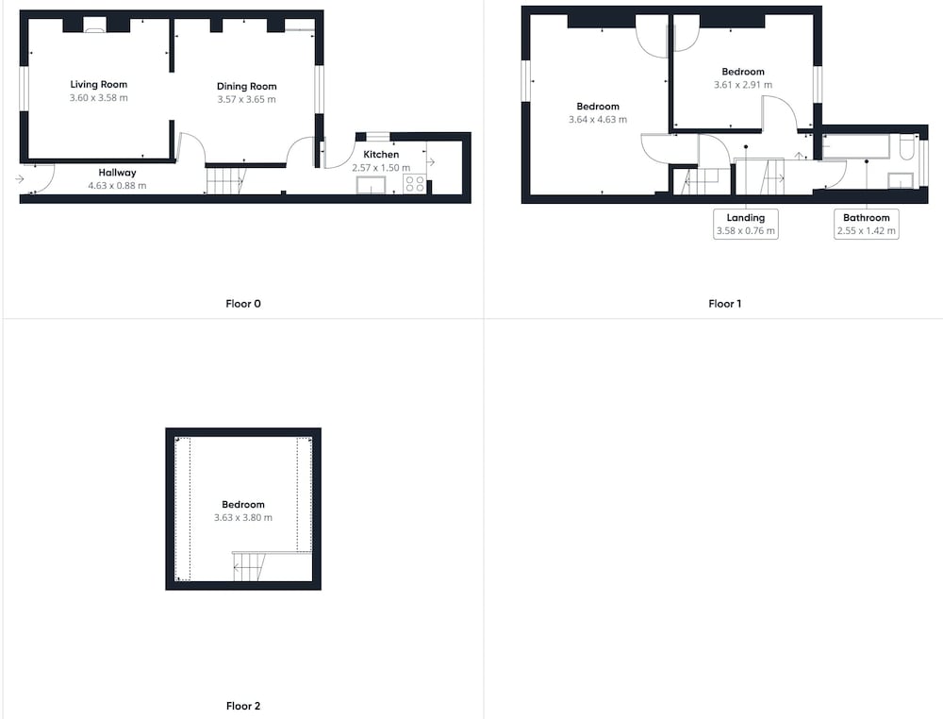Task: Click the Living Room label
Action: [x=99, y=84]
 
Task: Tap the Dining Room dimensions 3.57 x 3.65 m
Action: [x=246, y=99]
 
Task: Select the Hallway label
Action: [x=117, y=173]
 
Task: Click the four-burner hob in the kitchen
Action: [x=414, y=183]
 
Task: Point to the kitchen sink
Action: [x=371, y=185]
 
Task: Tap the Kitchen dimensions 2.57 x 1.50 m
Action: [x=381, y=168]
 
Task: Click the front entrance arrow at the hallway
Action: [x=20, y=178]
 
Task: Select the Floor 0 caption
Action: [x=243, y=304]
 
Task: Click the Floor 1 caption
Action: [x=724, y=304]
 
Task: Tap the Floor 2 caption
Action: [x=243, y=706]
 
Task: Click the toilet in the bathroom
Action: [x=906, y=147]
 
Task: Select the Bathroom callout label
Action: [x=866, y=218]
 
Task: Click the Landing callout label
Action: [x=746, y=218]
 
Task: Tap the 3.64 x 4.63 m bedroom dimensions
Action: [x=598, y=120]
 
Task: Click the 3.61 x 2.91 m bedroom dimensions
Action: [x=743, y=85]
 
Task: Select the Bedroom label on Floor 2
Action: [x=243, y=505]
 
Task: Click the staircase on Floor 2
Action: [x=249, y=566]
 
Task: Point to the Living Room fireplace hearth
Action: [x=94, y=26]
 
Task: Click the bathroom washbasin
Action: [x=901, y=180]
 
